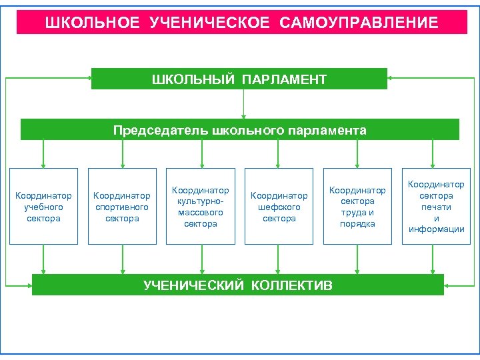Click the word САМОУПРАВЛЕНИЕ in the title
pyautogui.click(x=359, y=23)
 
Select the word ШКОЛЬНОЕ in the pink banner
pyautogui.click(x=93, y=23)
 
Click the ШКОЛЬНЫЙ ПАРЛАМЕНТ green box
pyautogui.click(x=239, y=79)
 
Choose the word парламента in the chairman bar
pyautogui.click(x=331, y=130)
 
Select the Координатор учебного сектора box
pyautogui.click(x=44, y=207)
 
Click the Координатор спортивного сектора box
pyautogui.click(x=122, y=207)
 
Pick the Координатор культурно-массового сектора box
pyautogui.click(x=200, y=207)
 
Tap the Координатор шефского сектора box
pyautogui.click(x=279, y=207)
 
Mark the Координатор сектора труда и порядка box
pyautogui.click(x=357, y=207)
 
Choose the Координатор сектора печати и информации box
pyautogui.click(x=436, y=207)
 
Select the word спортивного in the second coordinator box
pyautogui.click(x=122, y=207)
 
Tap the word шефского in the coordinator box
pyautogui.click(x=279, y=207)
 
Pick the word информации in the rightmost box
pyautogui.click(x=436, y=229)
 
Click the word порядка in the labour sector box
pyautogui.click(x=357, y=224)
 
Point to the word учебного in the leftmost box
pyautogui.click(x=44, y=207)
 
